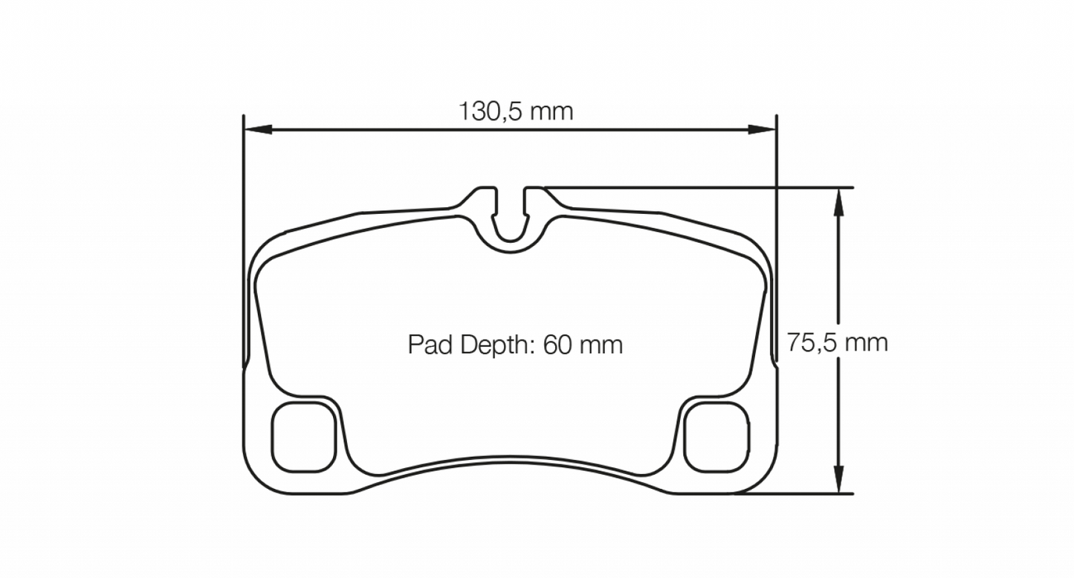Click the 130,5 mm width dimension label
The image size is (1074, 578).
click(x=516, y=112)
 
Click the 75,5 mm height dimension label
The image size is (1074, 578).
click(x=838, y=343)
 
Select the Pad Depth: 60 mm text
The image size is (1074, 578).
click(x=515, y=345)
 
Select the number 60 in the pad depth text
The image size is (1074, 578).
click(x=557, y=345)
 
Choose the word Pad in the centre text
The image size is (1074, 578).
click(x=429, y=345)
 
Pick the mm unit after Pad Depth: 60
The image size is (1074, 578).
click(x=601, y=345)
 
